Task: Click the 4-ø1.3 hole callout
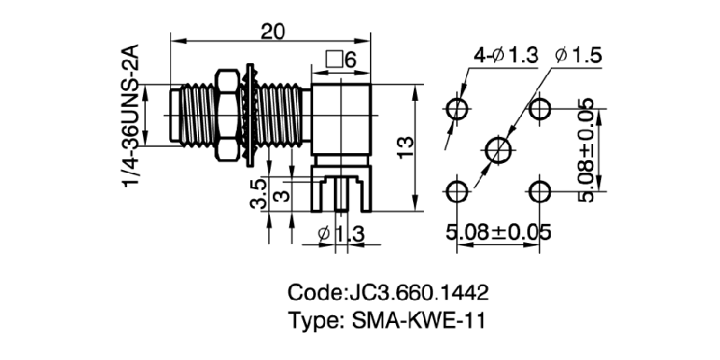(x=502, y=55)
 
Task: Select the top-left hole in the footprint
(x=457, y=109)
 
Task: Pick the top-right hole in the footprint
(x=540, y=109)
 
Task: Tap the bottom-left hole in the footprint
(x=457, y=191)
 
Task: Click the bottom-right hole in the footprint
(x=540, y=191)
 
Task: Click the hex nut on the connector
(x=229, y=117)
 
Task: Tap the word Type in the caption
(x=310, y=321)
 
